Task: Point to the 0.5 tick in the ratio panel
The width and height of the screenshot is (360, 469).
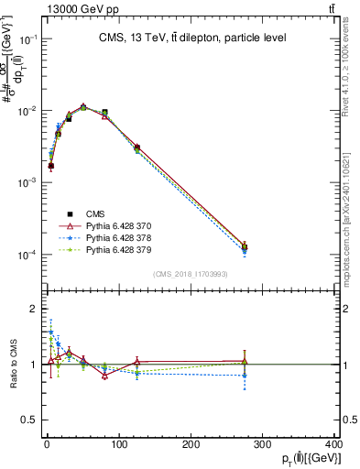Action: [29, 420]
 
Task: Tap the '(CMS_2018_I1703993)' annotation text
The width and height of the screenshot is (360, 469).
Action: [191, 273]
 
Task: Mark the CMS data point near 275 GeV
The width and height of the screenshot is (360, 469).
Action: [245, 246]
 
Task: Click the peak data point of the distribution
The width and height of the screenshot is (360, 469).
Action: [83, 107]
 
